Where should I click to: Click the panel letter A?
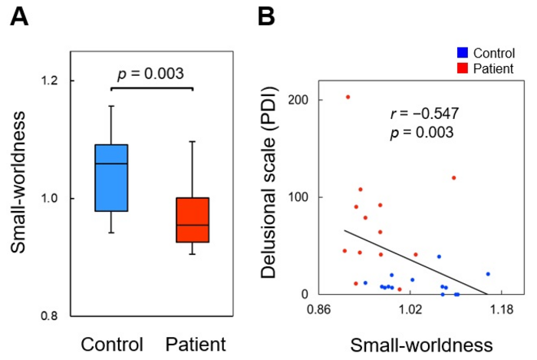(18, 17)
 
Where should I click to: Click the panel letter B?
(266, 17)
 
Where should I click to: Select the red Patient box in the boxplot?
(193, 220)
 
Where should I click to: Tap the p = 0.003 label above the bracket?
(150, 74)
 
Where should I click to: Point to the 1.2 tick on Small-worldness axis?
(52, 81)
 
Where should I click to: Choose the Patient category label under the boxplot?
(196, 342)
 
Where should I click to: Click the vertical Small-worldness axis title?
(18, 198)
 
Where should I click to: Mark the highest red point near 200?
(348, 97)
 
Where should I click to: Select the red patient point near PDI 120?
(453, 177)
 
